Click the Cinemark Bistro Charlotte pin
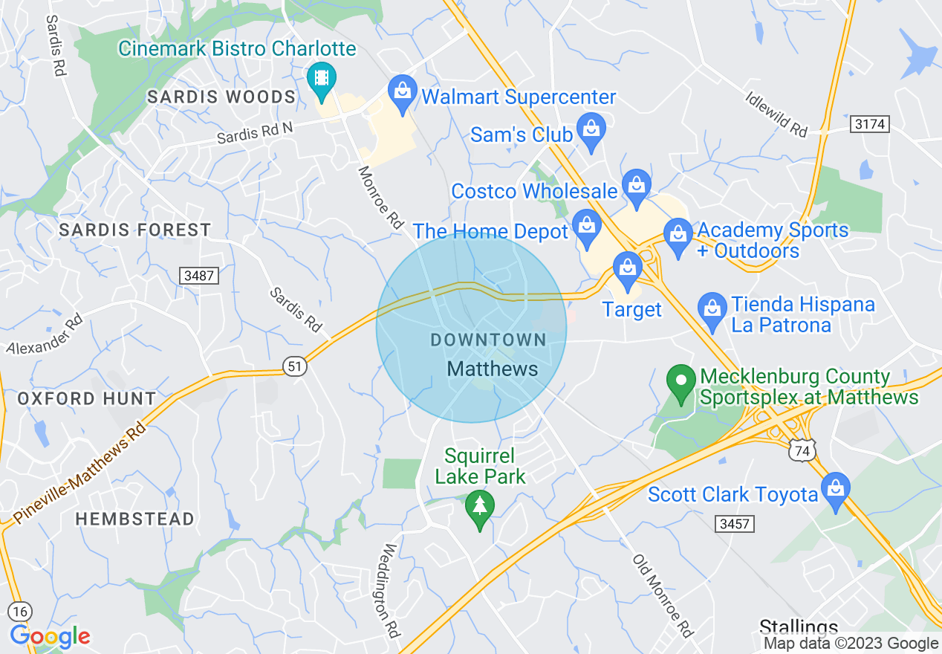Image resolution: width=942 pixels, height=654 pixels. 321,80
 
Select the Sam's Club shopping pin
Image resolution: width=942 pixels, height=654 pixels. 591,131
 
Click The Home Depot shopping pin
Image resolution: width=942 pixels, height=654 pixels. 587,226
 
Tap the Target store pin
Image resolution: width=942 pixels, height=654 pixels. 628,268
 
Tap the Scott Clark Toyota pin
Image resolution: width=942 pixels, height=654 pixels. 836,490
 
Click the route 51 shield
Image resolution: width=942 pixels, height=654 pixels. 295,366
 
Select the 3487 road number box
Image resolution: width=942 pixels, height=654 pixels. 200,276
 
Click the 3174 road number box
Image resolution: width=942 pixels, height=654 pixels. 869,124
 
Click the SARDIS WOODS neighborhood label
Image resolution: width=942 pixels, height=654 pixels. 221,97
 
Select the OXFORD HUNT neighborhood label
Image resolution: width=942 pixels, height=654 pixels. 87,398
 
